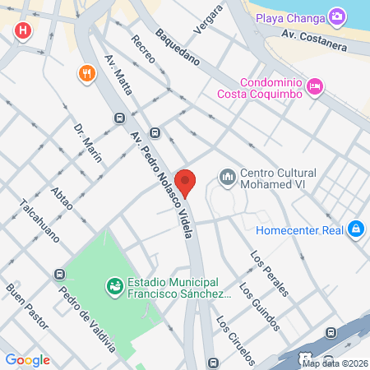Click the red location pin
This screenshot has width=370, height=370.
186,182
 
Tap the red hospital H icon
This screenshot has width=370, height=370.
23,32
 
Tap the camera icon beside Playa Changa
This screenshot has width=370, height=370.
336,16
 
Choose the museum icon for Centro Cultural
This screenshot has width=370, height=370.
226,177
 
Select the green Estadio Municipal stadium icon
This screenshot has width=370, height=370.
115,287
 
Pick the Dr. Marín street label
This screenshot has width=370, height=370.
88,144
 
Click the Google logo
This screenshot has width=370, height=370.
28,359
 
